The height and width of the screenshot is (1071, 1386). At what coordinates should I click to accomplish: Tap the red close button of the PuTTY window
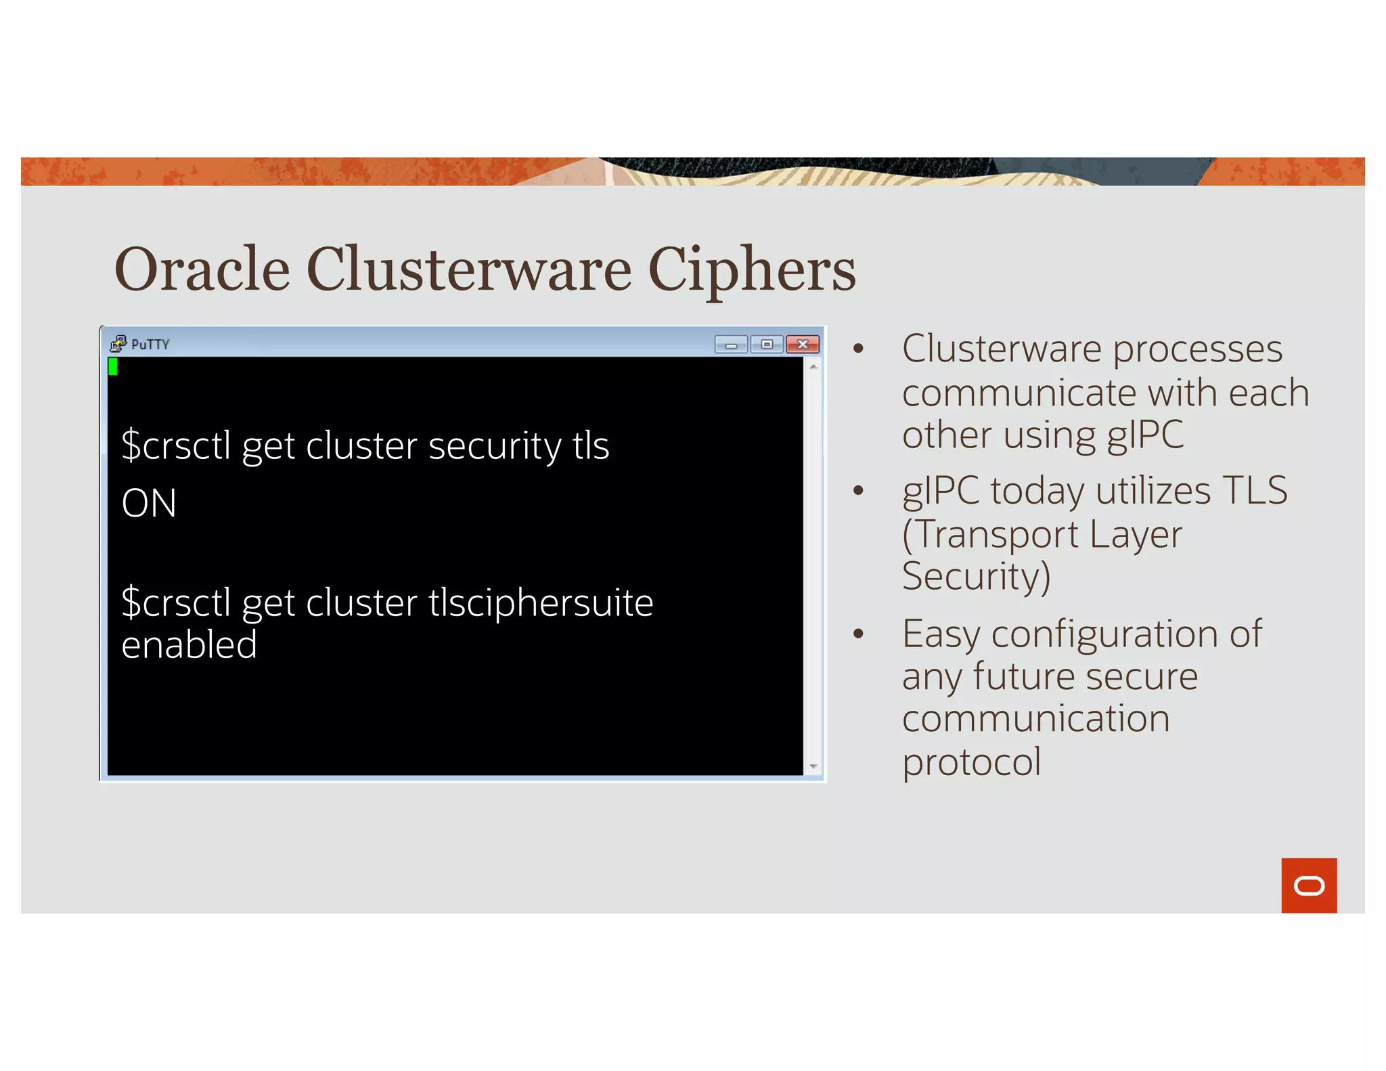pyautogui.click(x=803, y=345)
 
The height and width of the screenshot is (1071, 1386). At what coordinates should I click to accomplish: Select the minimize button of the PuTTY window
pyautogui.click(x=731, y=345)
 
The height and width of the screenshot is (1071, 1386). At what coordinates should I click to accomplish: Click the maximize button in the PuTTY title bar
pyautogui.click(x=767, y=345)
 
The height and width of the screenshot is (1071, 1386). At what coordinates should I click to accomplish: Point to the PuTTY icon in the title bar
pyautogui.click(x=118, y=344)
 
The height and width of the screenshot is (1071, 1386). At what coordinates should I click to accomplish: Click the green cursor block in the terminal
pyautogui.click(x=113, y=366)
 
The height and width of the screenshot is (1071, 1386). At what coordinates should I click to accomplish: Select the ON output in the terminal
pyautogui.click(x=149, y=503)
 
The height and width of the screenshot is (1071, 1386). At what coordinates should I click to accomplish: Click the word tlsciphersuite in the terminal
pyautogui.click(x=541, y=603)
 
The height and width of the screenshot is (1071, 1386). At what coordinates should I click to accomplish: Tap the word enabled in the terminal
pyautogui.click(x=189, y=644)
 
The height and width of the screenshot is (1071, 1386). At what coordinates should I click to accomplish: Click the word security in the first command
pyautogui.click(x=495, y=446)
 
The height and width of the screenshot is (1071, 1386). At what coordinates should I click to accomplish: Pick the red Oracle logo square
pyautogui.click(x=1309, y=886)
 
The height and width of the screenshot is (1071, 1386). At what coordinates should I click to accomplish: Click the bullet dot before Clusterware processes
pyautogui.click(x=859, y=349)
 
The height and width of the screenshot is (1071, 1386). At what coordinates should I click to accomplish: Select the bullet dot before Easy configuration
pyautogui.click(x=859, y=634)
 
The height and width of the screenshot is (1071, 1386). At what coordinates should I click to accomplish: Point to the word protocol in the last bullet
pyautogui.click(x=971, y=762)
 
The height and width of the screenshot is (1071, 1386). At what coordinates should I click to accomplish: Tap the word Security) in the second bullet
pyautogui.click(x=976, y=576)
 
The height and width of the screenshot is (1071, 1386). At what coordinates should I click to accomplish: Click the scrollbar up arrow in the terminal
pyautogui.click(x=813, y=366)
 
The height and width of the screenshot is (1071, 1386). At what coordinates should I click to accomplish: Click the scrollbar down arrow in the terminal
pyautogui.click(x=813, y=766)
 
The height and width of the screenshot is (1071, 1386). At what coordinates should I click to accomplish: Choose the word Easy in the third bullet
pyautogui.click(x=941, y=634)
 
